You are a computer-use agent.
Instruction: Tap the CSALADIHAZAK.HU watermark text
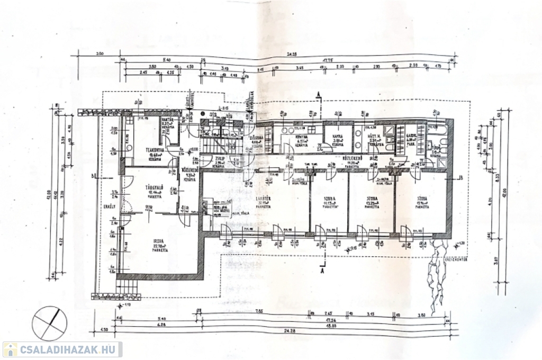coord(69,349)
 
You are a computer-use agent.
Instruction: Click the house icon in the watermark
coord(10,349)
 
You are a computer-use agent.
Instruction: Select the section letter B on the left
coord(92,175)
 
